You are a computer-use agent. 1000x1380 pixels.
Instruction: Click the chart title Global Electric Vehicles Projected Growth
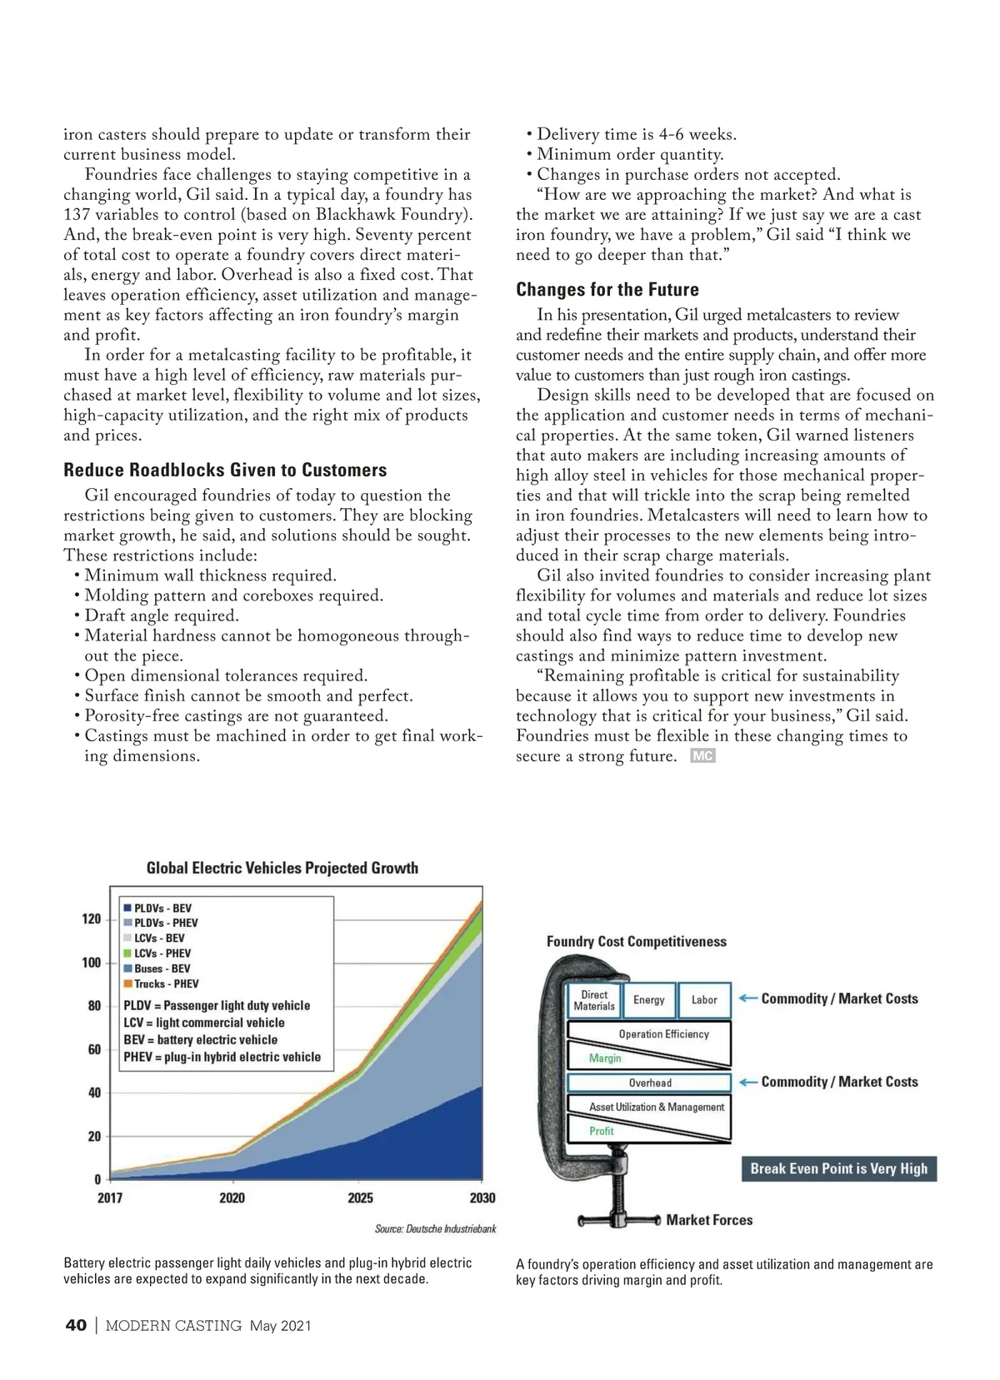coord(282,868)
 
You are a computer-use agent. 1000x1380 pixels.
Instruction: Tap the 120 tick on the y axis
coord(91,919)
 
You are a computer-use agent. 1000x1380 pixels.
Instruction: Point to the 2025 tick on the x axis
coord(360,1198)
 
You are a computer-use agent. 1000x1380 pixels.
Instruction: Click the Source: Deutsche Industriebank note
coord(435,1228)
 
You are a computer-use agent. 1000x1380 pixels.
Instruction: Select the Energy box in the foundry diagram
coord(648,999)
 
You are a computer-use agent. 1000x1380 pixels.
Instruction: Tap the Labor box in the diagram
coord(704,999)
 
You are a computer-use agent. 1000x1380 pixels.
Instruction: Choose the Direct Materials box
coord(594,1000)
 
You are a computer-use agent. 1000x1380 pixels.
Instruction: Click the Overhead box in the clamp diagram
coord(649,1083)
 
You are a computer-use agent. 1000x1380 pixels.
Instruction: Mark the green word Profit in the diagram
coord(601,1131)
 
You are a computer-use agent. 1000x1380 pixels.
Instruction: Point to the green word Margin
coord(605,1058)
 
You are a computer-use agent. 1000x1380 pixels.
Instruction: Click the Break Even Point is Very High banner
coord(838,1168)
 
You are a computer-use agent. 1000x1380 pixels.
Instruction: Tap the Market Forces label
coord(709,1219)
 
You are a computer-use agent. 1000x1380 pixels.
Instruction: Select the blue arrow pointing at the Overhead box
coord(747,1082)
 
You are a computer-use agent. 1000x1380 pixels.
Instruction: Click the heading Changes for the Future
coord(607,289)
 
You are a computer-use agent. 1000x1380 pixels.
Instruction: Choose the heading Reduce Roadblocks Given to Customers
coord(225,470)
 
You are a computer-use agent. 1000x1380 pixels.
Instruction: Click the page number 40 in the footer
coord(76,1325)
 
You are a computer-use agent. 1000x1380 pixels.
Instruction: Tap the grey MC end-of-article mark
coord(702,756)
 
